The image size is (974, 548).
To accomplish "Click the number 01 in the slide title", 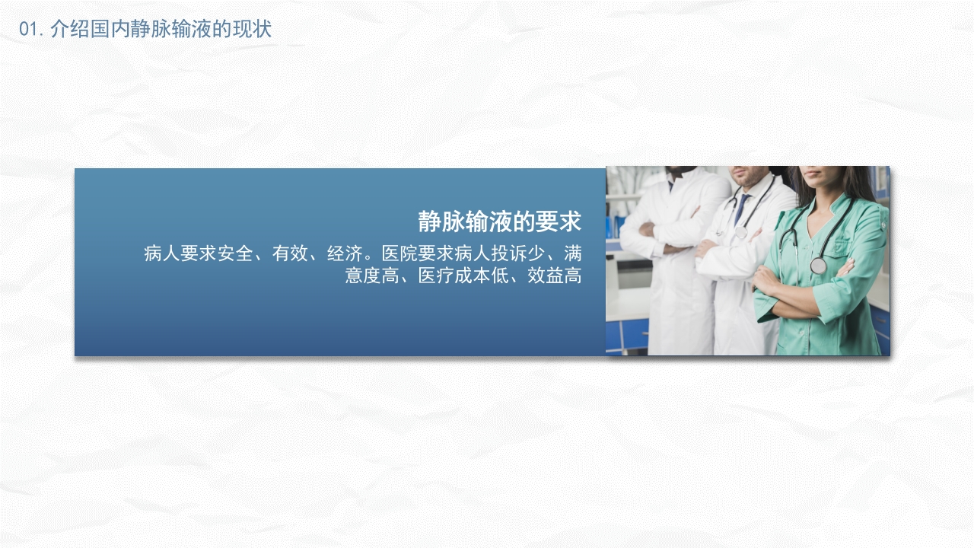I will click(28, 30).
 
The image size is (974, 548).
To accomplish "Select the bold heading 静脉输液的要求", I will click(499, 221).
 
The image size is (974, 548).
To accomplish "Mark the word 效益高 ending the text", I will click(555, 276).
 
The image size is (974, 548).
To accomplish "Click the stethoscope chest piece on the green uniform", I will click(818, 266).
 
